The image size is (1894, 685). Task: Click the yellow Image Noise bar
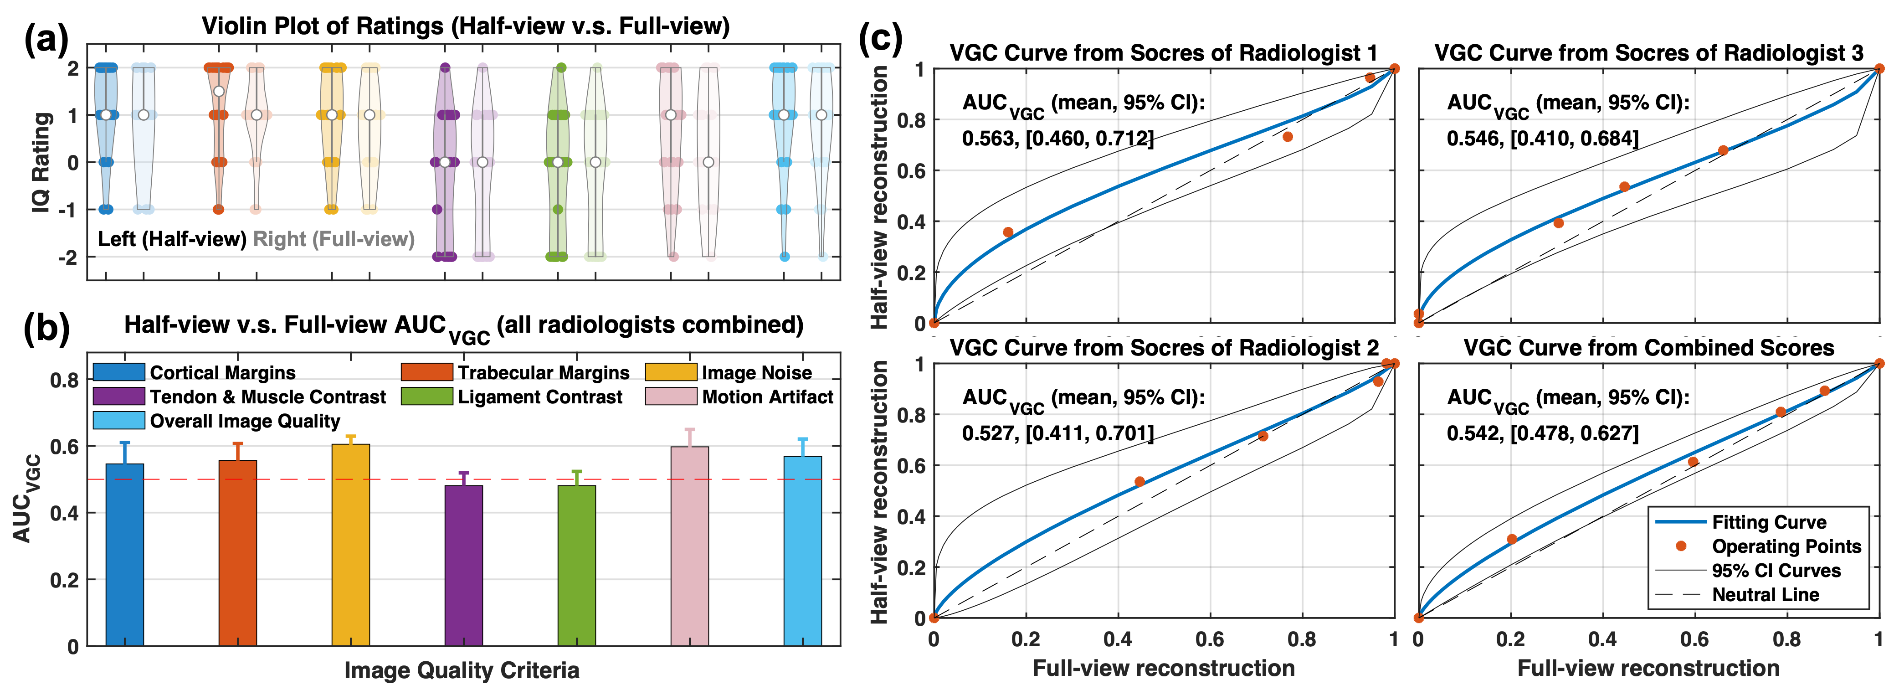click(x=351, y=545)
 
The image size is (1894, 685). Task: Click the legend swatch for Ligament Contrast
click(x=426, y=397)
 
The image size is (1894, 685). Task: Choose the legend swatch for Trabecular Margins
click(x=426, y=372)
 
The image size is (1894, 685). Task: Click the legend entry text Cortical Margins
click(x=223, y=373)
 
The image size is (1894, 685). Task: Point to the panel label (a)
click(x=46, y=38)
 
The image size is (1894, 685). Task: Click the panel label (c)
click(x=881, y=38)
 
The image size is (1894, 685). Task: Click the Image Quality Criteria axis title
click(x=462, y=670)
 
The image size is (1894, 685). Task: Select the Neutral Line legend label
click(x=1766, y=594)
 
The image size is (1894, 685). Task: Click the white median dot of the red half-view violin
click(x=218, y=91)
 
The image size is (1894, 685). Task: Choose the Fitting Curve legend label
click(x=1769, y=522)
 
